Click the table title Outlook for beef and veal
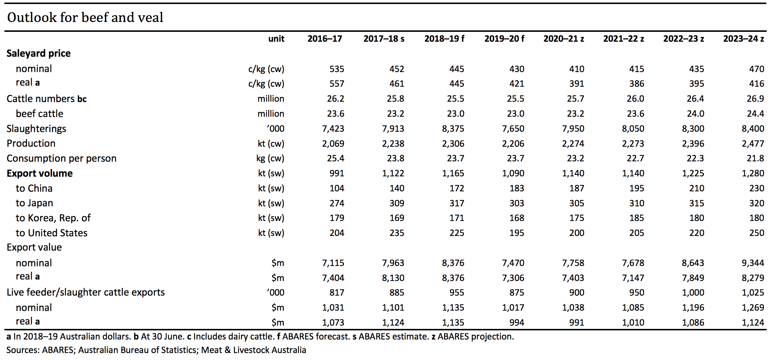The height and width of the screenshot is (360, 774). (x=85, y=17)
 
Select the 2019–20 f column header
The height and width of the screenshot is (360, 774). (x=504, y=39)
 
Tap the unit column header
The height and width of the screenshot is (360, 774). (x=276, y=39)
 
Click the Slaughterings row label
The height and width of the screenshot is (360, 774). (x=36, y=129)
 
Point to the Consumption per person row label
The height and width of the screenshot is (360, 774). (x=61, y=158)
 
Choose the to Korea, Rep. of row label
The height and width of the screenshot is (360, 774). (x=53, y=218)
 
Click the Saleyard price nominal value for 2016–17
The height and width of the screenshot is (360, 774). (x=337, y=69)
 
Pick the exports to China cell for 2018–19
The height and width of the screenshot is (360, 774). (x=456, y=188)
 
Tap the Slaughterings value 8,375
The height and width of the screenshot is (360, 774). (x=453, y=129)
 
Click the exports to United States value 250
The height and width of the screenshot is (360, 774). (x=756, y=233)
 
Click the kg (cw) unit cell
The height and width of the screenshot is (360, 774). (x=270, y=158)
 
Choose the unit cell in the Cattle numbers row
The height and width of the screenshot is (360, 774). (x=271, y=99)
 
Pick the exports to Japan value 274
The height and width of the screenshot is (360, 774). (x=337, y=203)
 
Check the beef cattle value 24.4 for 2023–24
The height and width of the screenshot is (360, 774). (x=755, y=114)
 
